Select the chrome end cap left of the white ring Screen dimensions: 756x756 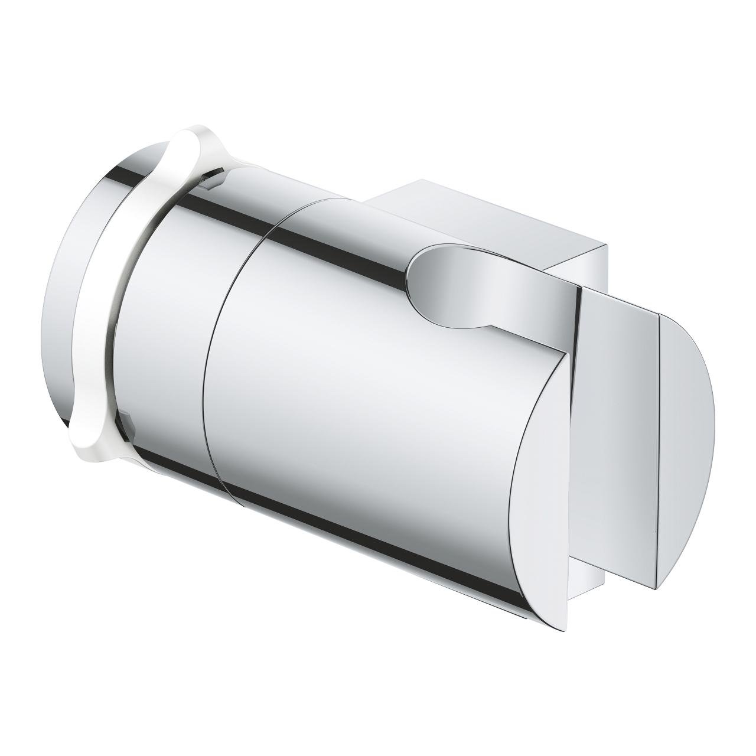click(65, 295)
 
